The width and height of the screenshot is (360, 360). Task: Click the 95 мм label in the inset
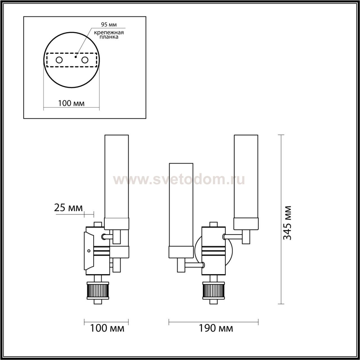(109, 24)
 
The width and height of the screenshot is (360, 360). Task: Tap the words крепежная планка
(109, 35)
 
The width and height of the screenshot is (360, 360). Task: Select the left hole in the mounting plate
(59, 60)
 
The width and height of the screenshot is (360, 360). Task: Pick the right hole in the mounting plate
(85, 60)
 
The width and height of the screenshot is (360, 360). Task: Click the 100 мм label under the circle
(71, 103)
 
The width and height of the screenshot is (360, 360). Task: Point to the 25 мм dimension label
(68, 208)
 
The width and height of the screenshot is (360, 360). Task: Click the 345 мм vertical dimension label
(287, 223)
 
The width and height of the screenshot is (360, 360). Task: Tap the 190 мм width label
(216, 328)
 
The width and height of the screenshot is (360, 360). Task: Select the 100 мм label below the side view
(107, 328)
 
